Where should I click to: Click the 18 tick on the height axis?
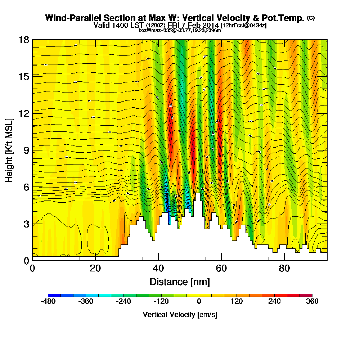23,40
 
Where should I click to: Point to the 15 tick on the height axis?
23,76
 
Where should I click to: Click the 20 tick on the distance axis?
95,268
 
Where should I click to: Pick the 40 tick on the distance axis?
158,268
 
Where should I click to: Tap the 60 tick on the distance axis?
221,268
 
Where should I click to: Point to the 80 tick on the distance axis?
284,268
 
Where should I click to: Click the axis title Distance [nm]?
180,281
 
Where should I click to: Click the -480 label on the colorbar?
49,302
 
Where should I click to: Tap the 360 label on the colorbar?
312,302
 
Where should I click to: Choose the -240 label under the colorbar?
124,302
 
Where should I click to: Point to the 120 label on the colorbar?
237,302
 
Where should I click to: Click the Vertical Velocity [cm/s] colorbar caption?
180,315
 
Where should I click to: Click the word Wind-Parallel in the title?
69,18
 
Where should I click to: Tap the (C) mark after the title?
311,18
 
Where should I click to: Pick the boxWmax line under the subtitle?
180,30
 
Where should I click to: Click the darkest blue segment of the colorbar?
54,295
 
